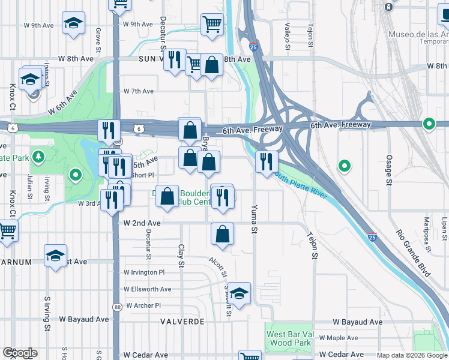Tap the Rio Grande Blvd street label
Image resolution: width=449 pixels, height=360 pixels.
pos(413,253)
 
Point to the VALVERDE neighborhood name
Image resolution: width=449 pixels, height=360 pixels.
pos(182,322)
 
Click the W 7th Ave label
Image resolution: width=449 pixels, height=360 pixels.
pos(139,91)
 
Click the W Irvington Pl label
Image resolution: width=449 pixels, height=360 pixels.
pos(144,272)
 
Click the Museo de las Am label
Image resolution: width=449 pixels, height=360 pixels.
pos(418,35)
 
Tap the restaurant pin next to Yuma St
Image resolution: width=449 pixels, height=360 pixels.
pos(266,162)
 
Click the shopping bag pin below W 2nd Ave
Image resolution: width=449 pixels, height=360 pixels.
pos(222,235)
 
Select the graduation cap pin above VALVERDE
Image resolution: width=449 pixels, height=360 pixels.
pos(239,294)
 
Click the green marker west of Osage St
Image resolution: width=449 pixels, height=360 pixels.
pos(345,166)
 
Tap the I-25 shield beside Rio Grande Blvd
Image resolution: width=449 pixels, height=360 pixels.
pos(372,237)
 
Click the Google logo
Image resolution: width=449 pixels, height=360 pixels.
pos(20,353)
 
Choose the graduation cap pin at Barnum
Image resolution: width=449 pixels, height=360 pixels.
pos(55,257)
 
